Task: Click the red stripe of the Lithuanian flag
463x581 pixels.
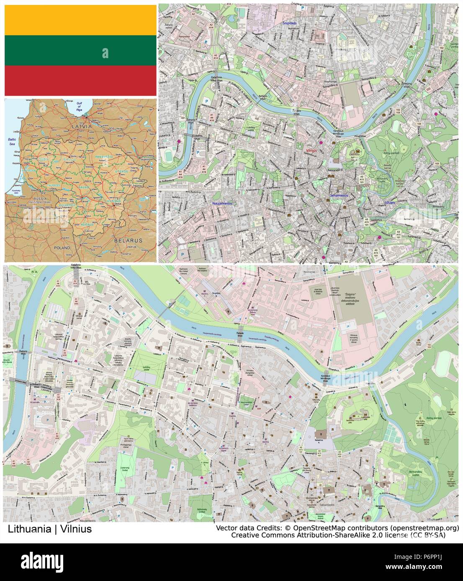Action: pyautogui.click(x=80, y=80)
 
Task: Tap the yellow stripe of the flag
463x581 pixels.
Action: pyautogui.click(x=80, y=20)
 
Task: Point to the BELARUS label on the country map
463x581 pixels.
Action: pyautogui.click(x=128, y=241)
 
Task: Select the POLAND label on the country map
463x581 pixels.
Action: pyautogui.click(x=62, y=248)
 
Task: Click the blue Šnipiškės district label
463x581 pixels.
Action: pyautogui.click(x=289, y=23)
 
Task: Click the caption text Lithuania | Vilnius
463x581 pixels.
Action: pyautogui.click(x=49, y=529)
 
